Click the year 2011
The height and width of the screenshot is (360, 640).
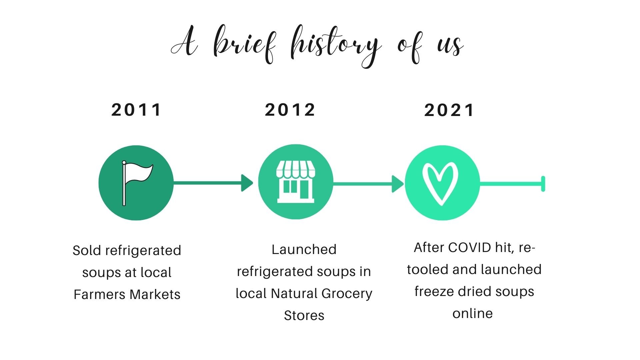click(x=136, y=110)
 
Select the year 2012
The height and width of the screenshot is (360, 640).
click(x=290, y=110)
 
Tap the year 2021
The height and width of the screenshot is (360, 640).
click(x=449, y=110)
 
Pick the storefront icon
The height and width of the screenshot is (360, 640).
click(x=296, y=182)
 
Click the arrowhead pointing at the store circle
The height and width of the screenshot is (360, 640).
click(x=247, y=183)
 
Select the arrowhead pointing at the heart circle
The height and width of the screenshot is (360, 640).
click(x=398, y=184)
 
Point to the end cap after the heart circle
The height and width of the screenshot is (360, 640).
click(x=543, y=184)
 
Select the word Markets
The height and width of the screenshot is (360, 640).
click(x=155, y=294)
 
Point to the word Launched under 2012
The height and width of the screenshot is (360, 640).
click(x=304, y=249)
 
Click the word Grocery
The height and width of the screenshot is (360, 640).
click(x=347, y=294)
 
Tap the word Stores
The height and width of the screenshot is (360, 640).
click(x=304, y=315)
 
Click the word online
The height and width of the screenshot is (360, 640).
click(x=473, y=313)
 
